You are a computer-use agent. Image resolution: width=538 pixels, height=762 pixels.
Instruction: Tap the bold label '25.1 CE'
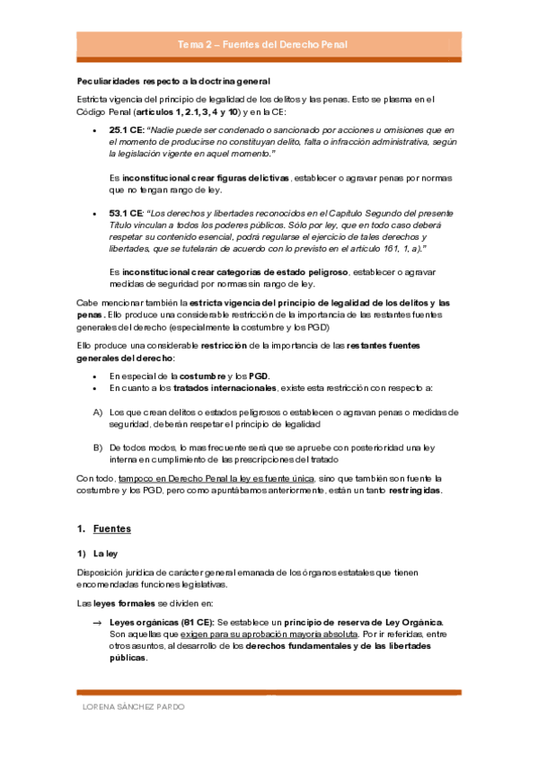[x=125, y=130]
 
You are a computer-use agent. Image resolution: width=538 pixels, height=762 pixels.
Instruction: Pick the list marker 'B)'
[x=98, y=447]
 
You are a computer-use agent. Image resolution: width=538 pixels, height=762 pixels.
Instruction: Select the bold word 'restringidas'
[x=415, y=492]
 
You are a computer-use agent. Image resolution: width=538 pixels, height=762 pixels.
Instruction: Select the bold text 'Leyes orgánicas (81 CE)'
[x=160, y=622]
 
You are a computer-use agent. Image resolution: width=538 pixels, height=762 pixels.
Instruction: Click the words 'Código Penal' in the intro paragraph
[x=101, y=113]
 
